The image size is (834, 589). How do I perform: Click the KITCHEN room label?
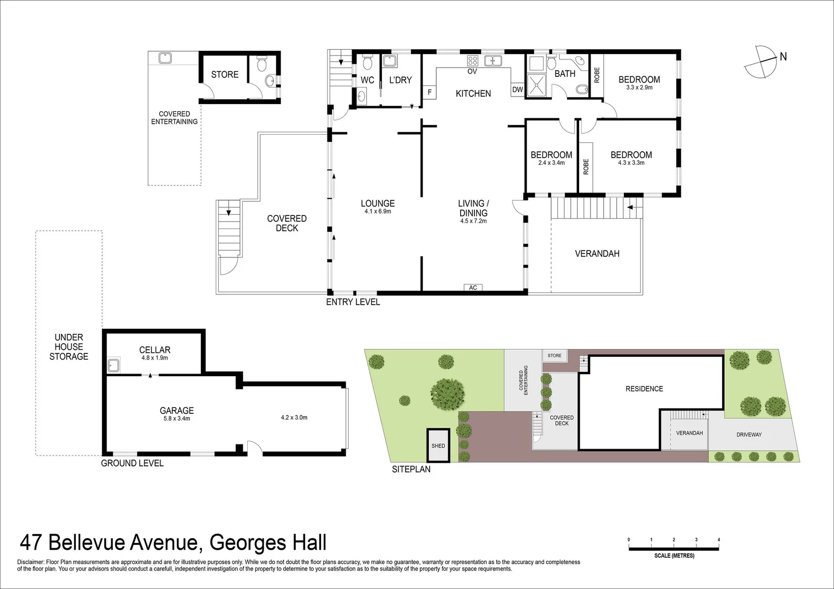click(473, 94)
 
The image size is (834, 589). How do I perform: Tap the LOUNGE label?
click(377, 203)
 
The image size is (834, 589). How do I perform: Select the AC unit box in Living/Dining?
click(473, 287)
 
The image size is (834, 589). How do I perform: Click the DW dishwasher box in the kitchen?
click(517, 90)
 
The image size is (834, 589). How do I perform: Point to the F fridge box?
click(430, 92)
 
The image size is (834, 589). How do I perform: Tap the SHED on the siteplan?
click(438, 445)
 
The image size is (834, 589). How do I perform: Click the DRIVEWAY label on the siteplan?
click(749, 435)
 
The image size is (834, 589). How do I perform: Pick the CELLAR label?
click(154, 350)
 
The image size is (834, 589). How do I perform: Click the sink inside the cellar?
click(114, 365)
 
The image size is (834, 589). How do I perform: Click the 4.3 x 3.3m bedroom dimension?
click(631, 163)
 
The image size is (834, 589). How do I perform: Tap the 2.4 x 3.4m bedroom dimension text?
click(551, 163)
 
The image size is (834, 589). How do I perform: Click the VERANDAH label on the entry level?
click(597, 254)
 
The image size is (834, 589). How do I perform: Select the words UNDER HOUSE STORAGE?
click(69, 347)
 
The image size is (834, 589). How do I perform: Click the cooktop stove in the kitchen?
click(473, 61)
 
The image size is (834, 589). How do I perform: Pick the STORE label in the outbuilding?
click(225, 75)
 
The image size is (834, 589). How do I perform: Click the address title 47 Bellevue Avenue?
click(173, 543)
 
